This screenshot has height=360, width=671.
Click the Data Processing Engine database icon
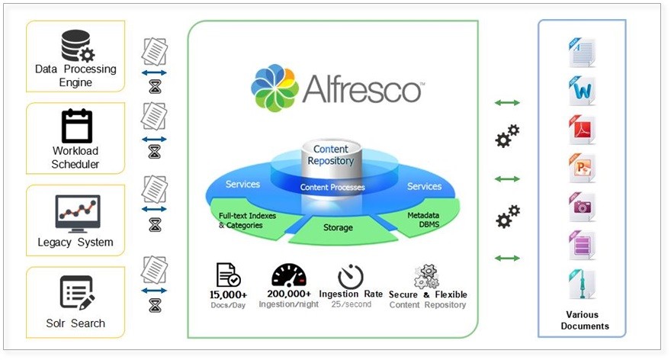point(76,45)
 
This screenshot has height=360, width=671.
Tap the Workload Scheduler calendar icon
point(76,126)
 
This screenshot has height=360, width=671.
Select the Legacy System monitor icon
point(77,213)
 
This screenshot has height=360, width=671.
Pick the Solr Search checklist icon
point(76,292)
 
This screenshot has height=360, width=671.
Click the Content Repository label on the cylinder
point(331,155)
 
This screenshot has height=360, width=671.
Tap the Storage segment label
point(338,227)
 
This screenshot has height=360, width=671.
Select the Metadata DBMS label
point(424,220)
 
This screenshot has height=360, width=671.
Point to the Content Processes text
point(332,187)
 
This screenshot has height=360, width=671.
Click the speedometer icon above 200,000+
point(288,275)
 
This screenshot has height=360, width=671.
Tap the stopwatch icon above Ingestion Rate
point(350,275)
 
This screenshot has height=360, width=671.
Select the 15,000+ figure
point(228,294)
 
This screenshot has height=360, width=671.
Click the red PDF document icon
point(581,129)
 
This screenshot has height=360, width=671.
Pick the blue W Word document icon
point(581,90)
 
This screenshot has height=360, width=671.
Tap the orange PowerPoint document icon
point(581,168)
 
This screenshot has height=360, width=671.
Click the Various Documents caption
point(582,320)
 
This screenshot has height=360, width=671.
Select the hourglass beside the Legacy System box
point(155,224)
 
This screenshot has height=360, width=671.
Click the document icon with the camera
point(581,207)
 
